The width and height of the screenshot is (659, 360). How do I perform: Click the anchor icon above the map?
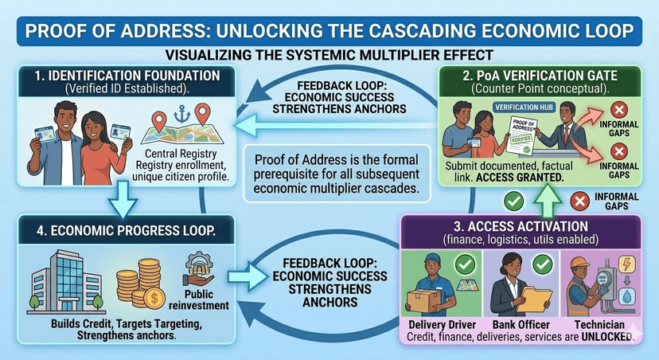pyautogui.click(x=181, y=114)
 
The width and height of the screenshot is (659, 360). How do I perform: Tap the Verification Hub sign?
pyautogui.click(x=523, y=108)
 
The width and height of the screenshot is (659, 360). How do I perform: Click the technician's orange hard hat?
pyautogui.click(x=580, y=263)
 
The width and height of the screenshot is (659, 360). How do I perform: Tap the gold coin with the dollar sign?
pyautogui.click(x=154, y=298)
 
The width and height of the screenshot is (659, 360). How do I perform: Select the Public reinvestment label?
pyautogui.click(x=199, y=299)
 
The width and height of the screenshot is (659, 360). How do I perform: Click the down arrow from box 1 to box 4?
pyautogui.click(x=123, y=199)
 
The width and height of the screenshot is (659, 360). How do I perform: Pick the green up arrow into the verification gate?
pyautogui.click(x=548, y=200)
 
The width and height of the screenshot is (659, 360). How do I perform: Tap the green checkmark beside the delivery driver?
pyautogui.click(x=466, y=264)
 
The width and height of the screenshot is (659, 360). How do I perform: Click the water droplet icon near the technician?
pyautogui.click(x=626, y=296)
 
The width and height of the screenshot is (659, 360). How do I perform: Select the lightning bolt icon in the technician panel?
pyautogui.click(x=626, y=264)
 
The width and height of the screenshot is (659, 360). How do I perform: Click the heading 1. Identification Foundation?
pyautogui.click(x=127, y=76)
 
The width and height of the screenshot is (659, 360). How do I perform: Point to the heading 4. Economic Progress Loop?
pyautogui.click(x=126, y=230)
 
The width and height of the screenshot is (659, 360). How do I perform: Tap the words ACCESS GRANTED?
pyautogui.click(x=520, y=178)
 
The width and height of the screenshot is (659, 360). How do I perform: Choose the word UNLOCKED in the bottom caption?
pyautogui.click(x=607, y=337)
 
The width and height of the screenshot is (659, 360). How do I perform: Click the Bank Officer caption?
pyautogui.click(x=521, y=325)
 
